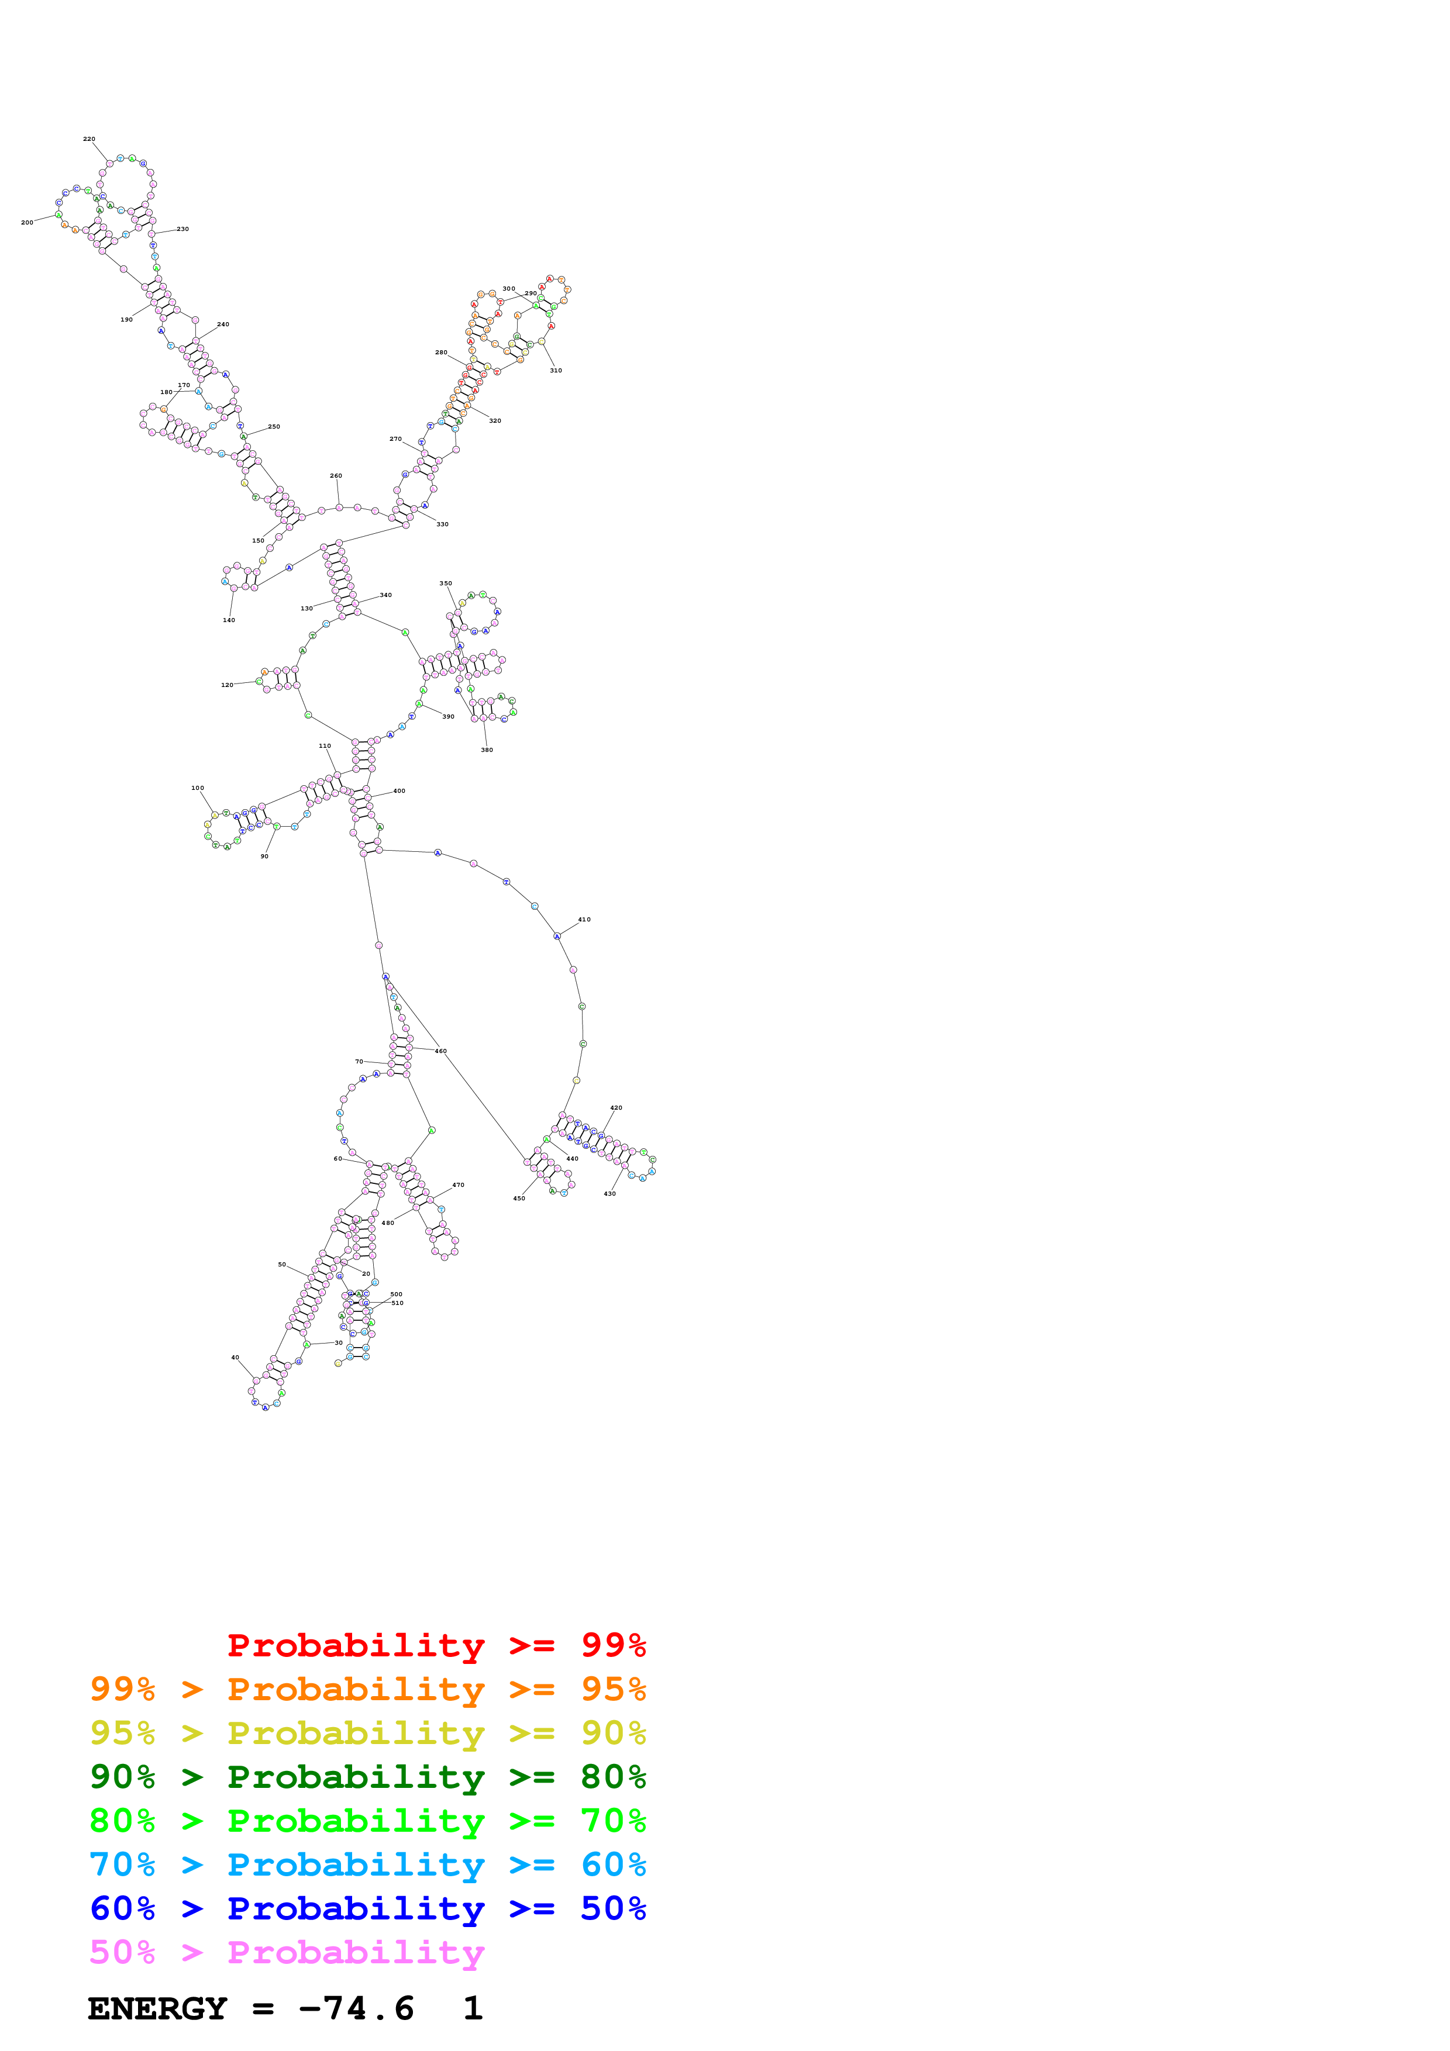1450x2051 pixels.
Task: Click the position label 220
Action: click(x=89, y=139)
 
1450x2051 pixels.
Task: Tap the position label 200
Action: click(x=27, y=222)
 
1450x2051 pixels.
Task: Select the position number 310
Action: click(x=556, y=370)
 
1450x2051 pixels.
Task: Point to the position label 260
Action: click(x=336, y=476)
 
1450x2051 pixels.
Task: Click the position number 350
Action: click(x=446, y=583)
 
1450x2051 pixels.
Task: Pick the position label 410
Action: click(x=584, y=919)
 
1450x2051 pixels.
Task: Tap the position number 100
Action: click(x=198, y=788)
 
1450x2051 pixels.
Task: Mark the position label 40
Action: click(x=235, y=1358)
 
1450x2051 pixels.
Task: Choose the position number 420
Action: click(x=616, y=1108)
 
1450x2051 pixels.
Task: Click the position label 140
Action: click(x=229, y=620)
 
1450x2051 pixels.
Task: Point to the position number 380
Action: click(x=487, y=750)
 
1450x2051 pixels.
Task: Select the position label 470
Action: click(x=459, y=1185)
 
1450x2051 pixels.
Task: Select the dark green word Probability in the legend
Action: click(x=356, y=1777)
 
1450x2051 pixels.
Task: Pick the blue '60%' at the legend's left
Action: click(x=122, y=1908)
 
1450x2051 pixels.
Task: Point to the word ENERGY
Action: click(x=157, y=2008)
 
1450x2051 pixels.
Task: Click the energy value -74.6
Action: click(x=356, y=2008)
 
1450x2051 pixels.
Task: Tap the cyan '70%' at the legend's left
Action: click(x=122, y=1864)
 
